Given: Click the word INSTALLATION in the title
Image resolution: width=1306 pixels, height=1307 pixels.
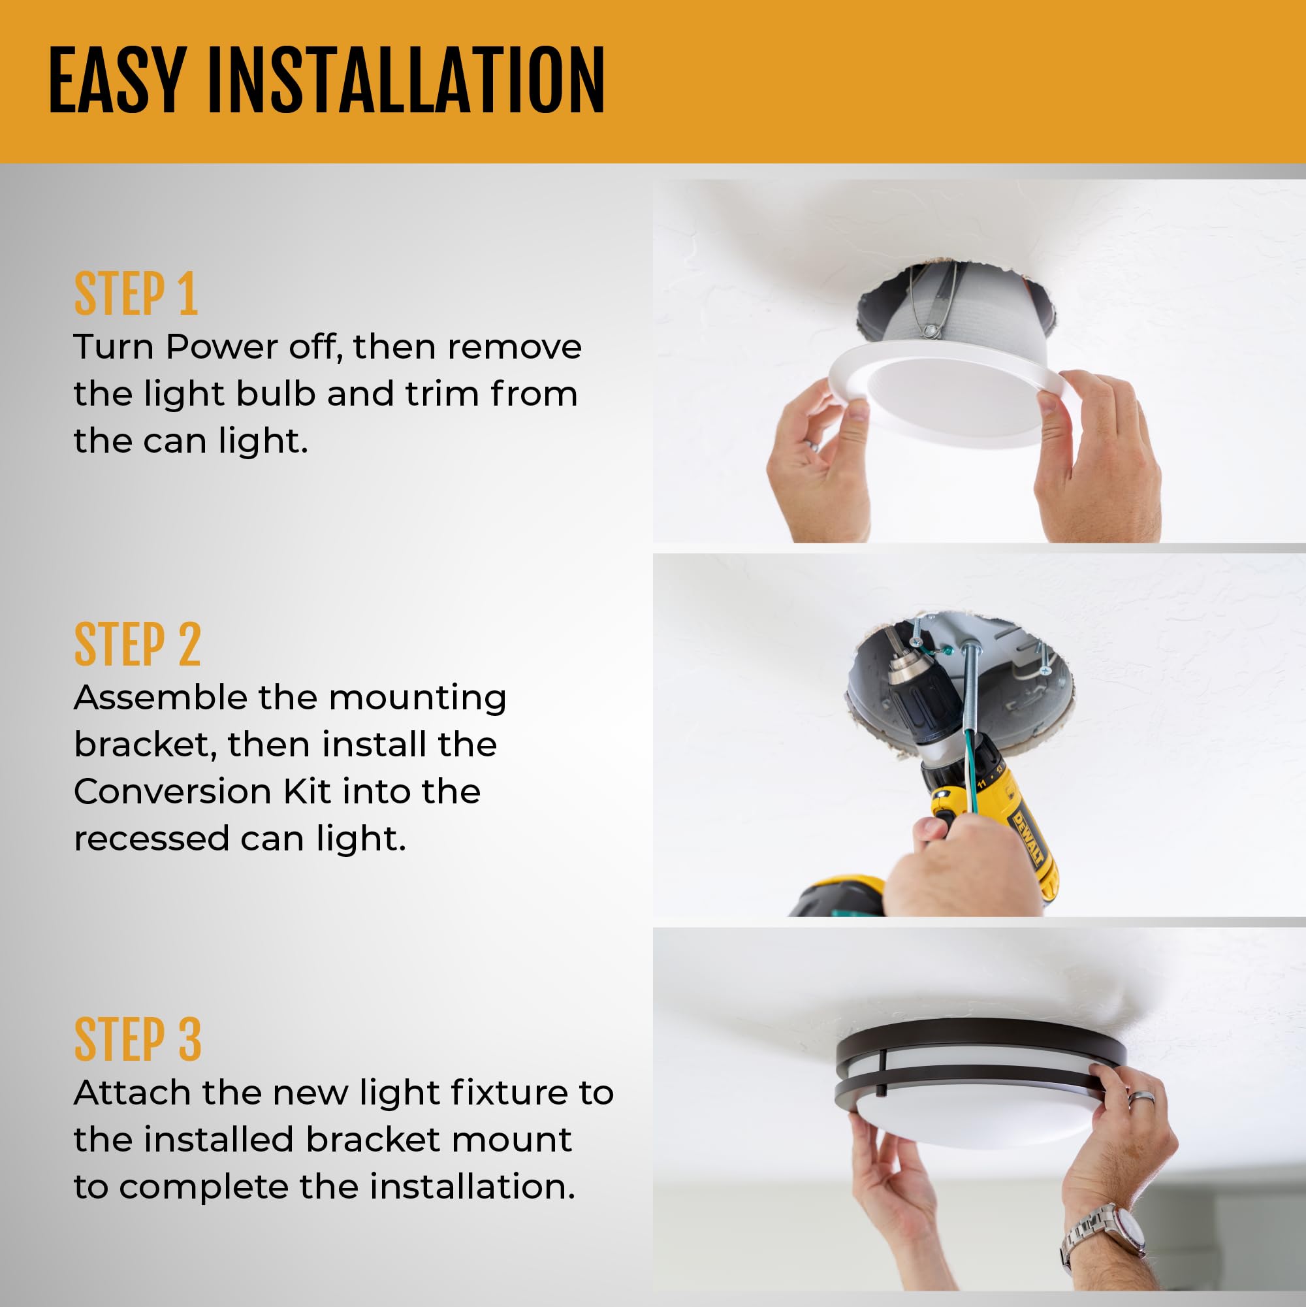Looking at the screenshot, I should (x=406, y=81).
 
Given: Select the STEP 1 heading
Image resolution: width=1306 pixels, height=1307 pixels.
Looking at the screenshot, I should (x=135, y=295).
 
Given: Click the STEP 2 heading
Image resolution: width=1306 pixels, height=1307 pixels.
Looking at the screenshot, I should (x=137, y=645).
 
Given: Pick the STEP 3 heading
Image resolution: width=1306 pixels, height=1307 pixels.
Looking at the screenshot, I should (x=137, y=1040).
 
